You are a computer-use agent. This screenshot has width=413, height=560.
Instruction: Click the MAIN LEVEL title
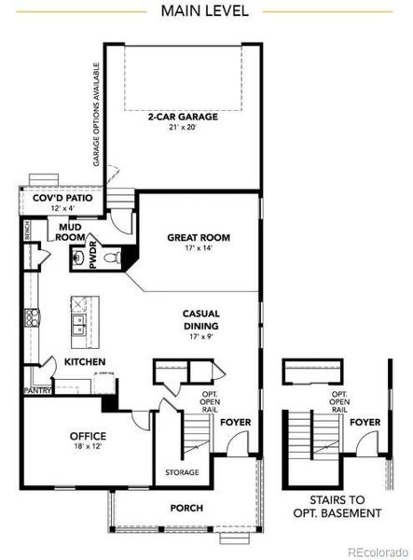205,10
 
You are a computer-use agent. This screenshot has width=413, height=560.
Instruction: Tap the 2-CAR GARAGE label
182,118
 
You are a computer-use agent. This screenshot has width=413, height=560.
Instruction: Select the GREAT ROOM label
198,238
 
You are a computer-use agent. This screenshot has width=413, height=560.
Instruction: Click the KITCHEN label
84,362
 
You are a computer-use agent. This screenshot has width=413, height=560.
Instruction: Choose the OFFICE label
87,436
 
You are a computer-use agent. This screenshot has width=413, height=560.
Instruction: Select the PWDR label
92,257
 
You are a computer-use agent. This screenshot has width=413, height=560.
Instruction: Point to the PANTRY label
36,392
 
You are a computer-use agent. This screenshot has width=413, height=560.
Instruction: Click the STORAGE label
183,472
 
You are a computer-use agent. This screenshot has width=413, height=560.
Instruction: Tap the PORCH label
186,508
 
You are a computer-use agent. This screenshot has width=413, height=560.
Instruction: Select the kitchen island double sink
78,323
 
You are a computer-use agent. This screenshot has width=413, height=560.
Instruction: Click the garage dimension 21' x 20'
182,128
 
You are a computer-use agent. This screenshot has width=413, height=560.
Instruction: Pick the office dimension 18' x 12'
87,447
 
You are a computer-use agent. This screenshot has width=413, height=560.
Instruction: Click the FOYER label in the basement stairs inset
364,422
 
